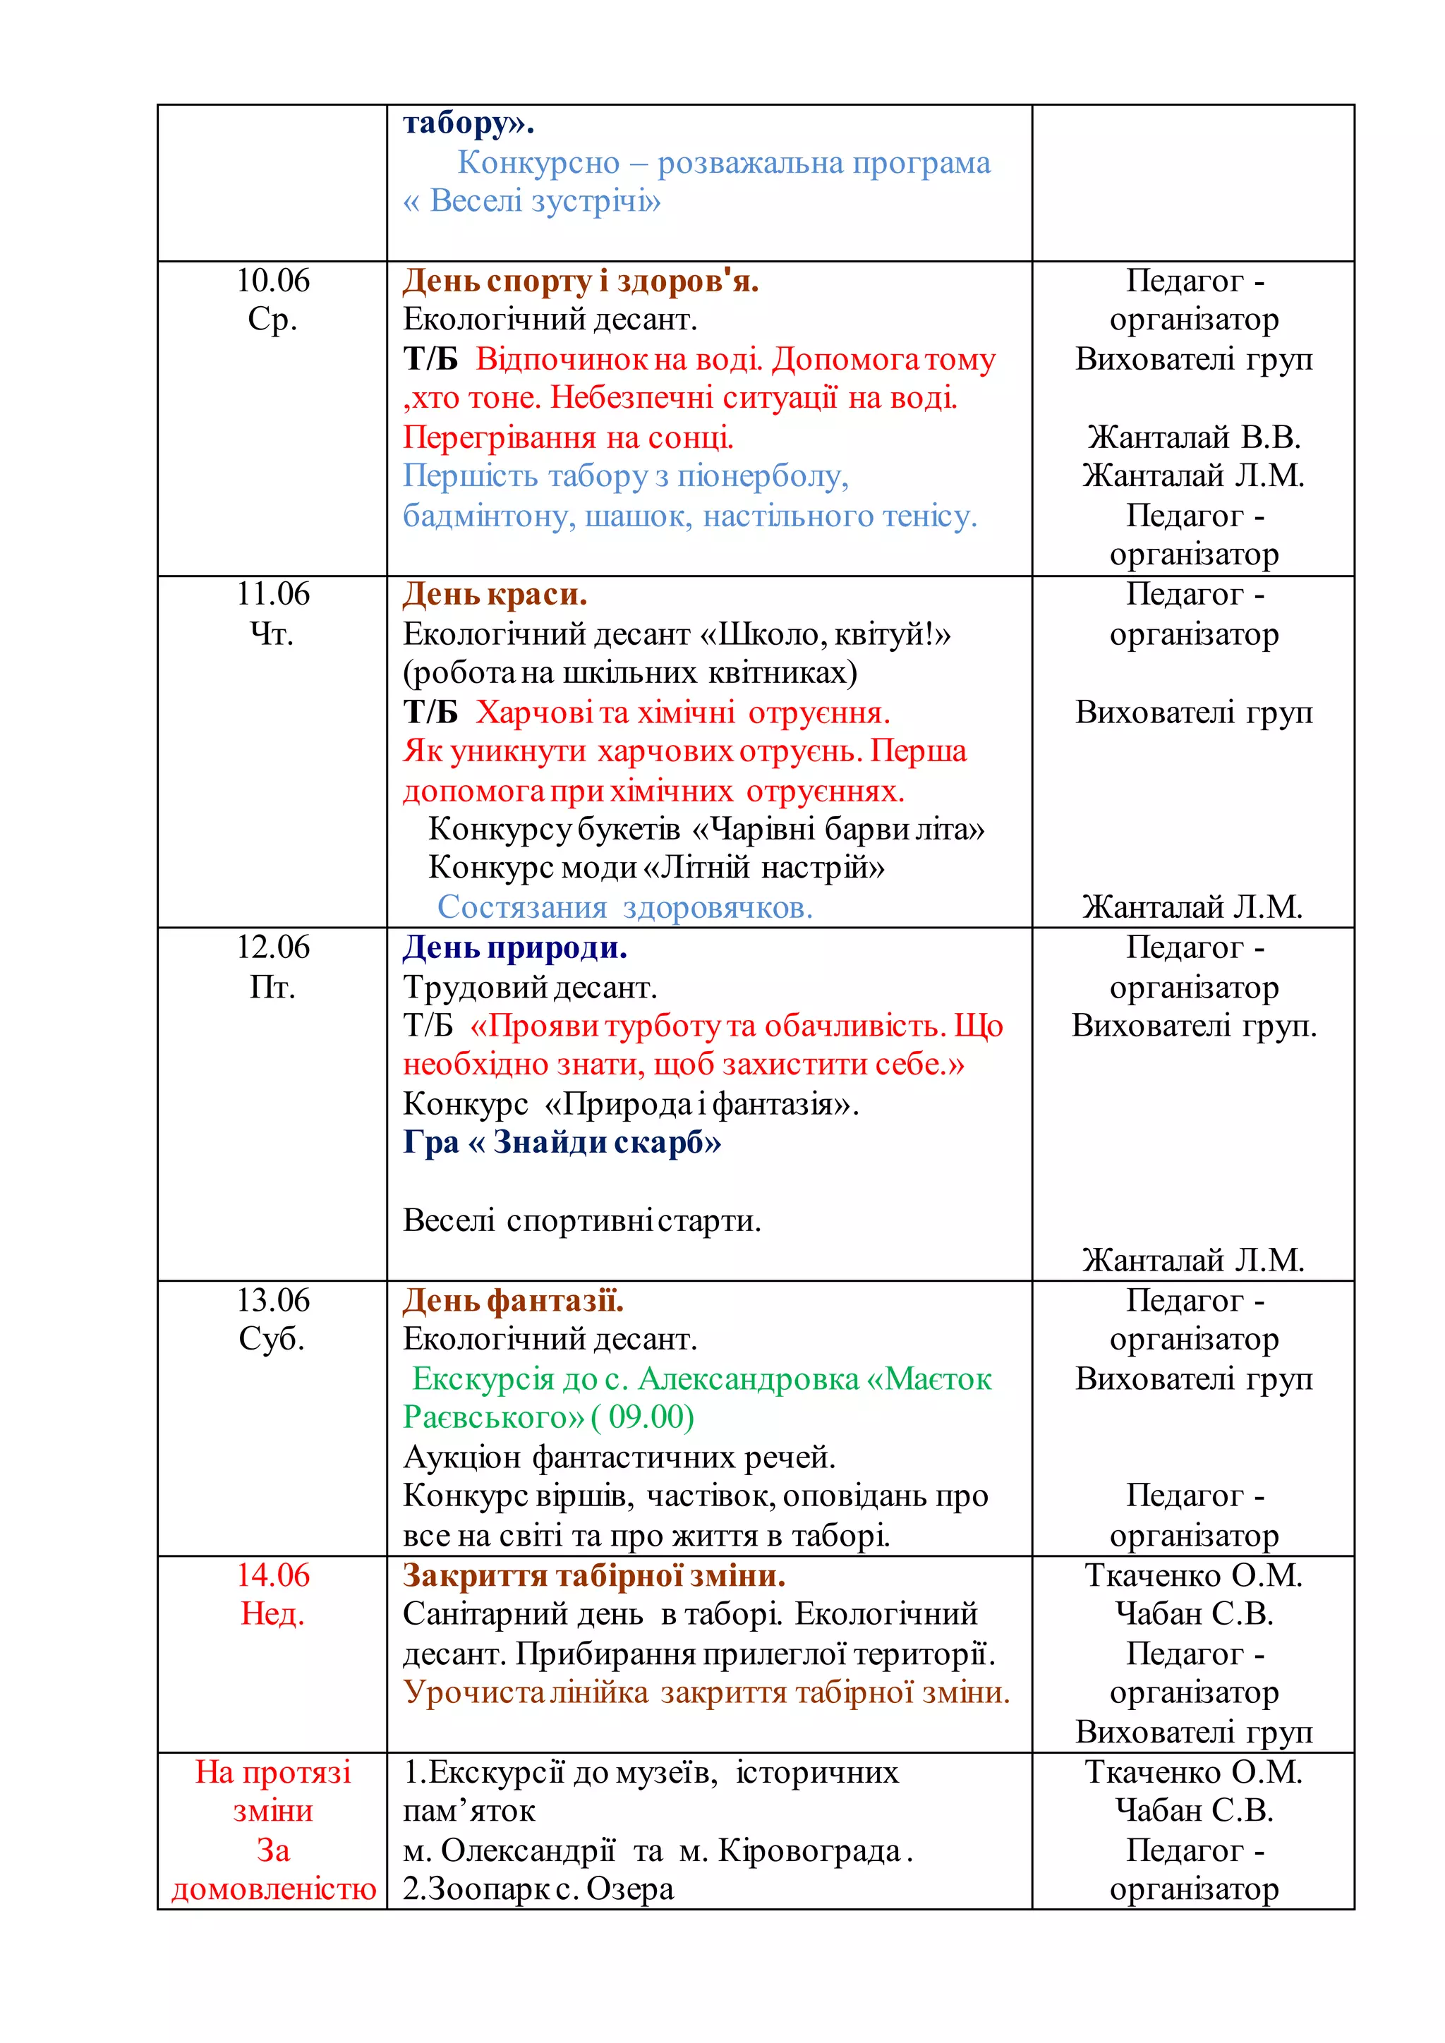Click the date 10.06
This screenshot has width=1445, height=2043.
click(272, 280)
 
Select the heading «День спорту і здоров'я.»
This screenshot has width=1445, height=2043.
click(580, 281)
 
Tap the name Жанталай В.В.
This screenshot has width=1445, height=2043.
click(1193, 437)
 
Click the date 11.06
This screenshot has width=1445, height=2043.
click(272, 593)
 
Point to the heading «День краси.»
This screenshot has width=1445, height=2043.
click(495, 595)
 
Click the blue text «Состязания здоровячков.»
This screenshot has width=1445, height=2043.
click(624, 907)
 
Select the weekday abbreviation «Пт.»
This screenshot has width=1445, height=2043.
click(272, 987)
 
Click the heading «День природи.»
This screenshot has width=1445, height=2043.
click(515, 947)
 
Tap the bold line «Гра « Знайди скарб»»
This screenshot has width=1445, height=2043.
click(562, 1141)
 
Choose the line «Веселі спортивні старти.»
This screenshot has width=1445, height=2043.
click(582, 1220)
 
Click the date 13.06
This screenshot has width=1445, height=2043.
click(272, 1300)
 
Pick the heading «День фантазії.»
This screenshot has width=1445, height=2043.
click(514, 1301)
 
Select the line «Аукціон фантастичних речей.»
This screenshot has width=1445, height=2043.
click(619, 1457)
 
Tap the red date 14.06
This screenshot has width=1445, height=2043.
click(272, 1575)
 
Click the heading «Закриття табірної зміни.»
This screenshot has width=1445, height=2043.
click(593, 1576)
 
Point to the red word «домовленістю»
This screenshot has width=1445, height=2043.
click(274, 1889)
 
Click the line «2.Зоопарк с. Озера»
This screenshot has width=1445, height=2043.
click(538, 1889)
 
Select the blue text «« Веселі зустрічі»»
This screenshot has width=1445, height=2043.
click(531, 201)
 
